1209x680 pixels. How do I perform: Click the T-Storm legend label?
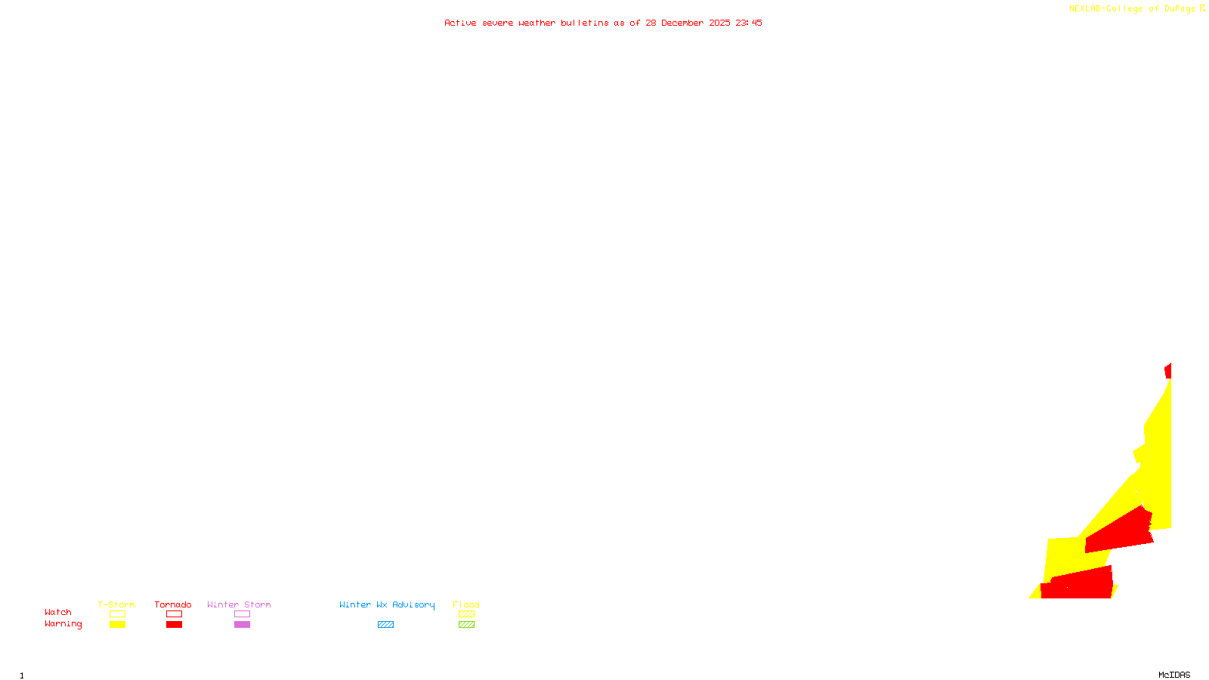pyautogui.click(x=116, y=604)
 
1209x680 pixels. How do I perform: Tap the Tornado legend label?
pyautogui.click(x=173, y=604)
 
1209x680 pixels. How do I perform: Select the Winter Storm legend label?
pyautogui.click(x=239, y=604)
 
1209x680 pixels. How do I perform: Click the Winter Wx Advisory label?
pyautogui.click(x=387, y=604)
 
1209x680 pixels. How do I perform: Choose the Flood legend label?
pyautogui.click(x=466, y=604)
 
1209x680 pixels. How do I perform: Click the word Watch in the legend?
pyautogui.click(x=58, y=612)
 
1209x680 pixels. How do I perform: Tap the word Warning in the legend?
pyautogui.click(x=63, y=624)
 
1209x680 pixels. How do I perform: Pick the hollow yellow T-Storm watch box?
pyautogui.click(x=117, y=614)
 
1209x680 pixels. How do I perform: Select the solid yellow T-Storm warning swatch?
pyautogui.click(x=117, y=625)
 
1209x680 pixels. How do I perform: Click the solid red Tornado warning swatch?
pyautogui.click(x=174, y=625)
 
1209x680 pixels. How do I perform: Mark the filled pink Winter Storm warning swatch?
pyautogui.click(x=242, y=625)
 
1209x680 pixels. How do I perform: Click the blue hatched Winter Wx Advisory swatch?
pyautogui.click(x=385, y=625)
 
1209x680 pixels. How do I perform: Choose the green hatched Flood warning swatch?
pyautogui.click(x=466, y=625)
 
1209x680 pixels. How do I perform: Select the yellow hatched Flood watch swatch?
pyautogui.click(x=466, y=614)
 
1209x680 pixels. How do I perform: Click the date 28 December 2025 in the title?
pyautogui.click(x=688, y=23)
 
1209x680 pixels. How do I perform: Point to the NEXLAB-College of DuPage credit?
pyautogui.click(x=1133, y=8)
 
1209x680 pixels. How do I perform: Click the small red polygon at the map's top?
pyautogui.click(x=1168, y=370)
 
